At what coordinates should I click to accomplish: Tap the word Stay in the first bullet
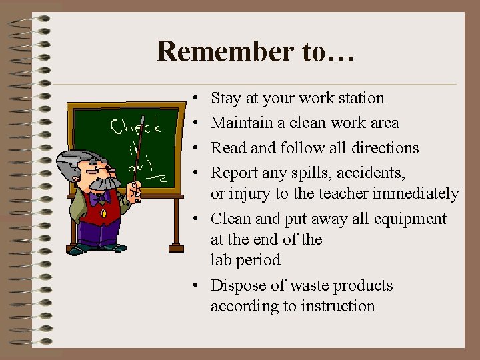[225, 99]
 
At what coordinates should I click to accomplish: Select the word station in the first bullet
[361, 99]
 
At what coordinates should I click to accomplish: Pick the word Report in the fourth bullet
[233, 173]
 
